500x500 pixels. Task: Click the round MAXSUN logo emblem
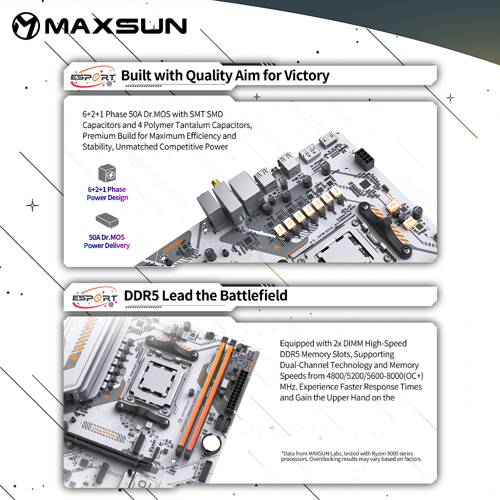26,26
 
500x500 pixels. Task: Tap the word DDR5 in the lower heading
141,295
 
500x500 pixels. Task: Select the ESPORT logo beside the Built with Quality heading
93,77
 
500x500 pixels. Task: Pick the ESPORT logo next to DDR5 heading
94,297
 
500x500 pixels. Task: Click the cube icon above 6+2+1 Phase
107,173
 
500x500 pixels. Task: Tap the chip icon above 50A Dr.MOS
107,220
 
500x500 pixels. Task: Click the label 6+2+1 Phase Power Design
107,193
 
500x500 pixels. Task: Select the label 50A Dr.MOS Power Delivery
107,241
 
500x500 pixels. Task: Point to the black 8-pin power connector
364,159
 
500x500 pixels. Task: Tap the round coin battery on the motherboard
211,442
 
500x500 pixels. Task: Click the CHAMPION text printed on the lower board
104,432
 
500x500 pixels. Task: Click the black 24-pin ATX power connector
235,390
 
